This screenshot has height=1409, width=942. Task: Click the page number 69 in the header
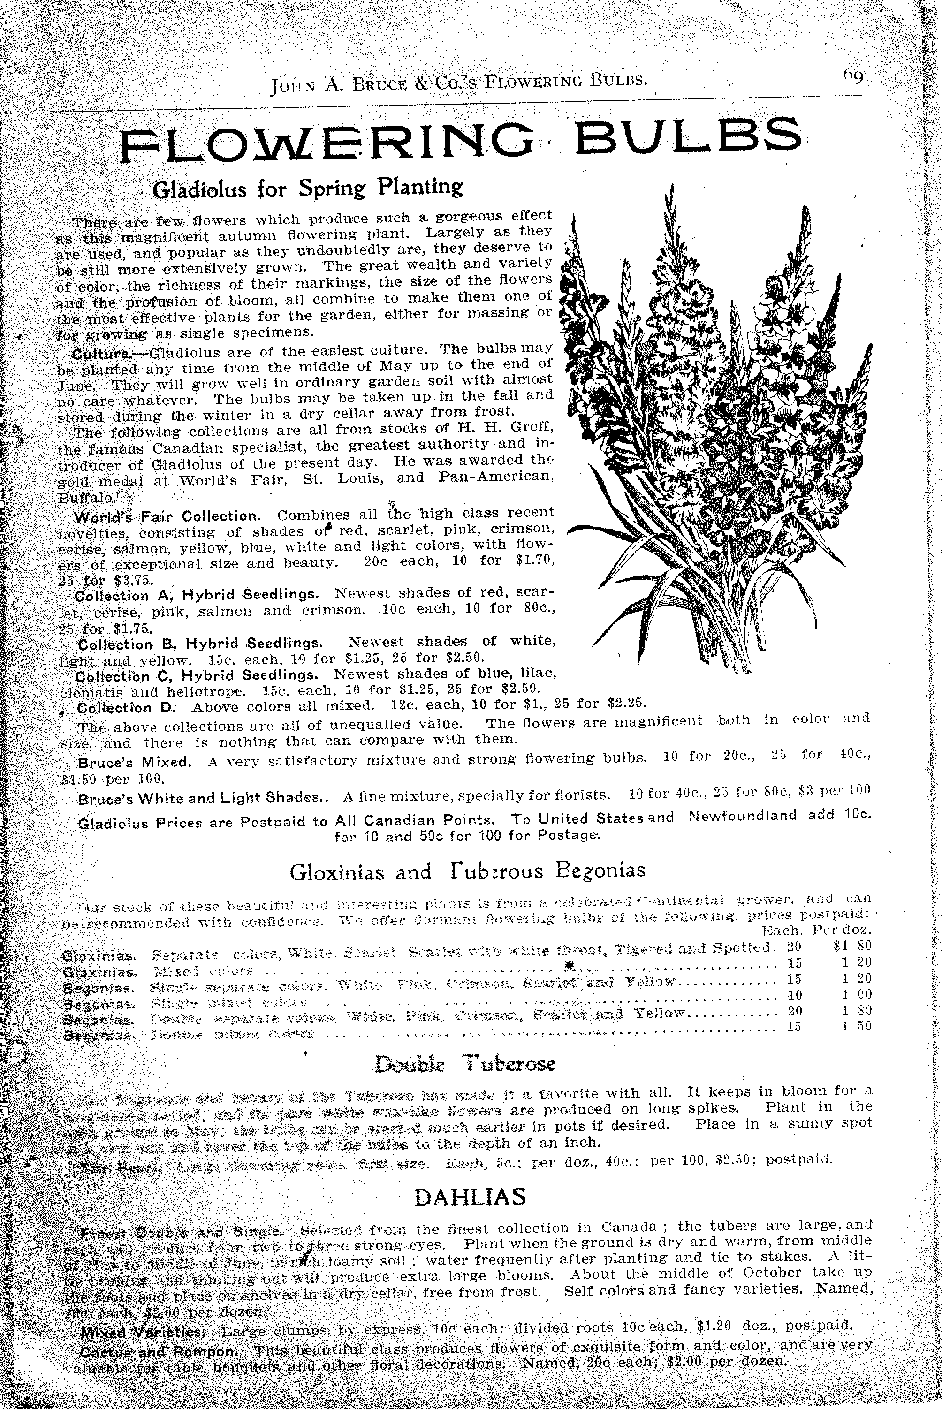852,77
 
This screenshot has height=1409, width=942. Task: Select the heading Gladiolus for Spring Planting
308,188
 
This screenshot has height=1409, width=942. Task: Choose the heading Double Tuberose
465,1064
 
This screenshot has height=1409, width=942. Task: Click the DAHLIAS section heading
471,1197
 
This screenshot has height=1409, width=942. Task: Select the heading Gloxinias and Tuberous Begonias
467,871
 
